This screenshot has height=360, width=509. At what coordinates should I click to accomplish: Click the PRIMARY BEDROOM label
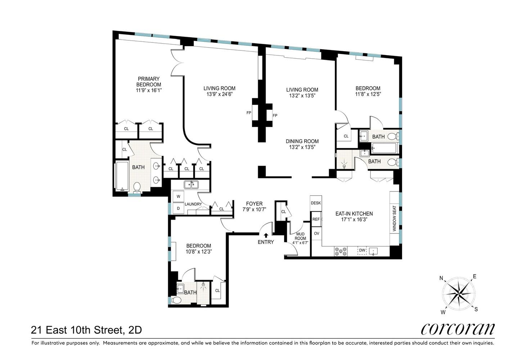click(149, 82)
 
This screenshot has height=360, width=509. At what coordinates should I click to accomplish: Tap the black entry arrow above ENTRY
click(266, 235)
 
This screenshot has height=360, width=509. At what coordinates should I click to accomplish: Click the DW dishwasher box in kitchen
click(362, 250)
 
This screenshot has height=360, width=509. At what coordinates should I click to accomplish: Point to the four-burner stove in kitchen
click(341, 251)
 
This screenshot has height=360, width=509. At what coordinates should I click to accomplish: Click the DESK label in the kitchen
click(316, 203)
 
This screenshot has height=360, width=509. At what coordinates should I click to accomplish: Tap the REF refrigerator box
click(316, 219)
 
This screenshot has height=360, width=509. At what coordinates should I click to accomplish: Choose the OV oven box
click(316, 234)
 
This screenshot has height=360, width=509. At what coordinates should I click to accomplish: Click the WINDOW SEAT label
click(394, 219)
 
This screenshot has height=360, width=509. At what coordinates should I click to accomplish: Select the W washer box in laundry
click(178, 197)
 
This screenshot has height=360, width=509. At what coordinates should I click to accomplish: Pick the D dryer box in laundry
click(178, 208)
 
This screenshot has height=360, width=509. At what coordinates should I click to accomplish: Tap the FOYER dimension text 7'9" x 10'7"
click(254, 210)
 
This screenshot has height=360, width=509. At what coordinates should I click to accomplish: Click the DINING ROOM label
click(302, 141)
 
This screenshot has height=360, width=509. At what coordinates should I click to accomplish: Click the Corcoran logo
click(458, 329)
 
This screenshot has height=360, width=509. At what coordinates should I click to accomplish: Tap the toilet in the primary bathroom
click(137, 188)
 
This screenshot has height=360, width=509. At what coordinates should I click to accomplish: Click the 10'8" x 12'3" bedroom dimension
click(198, 252)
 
